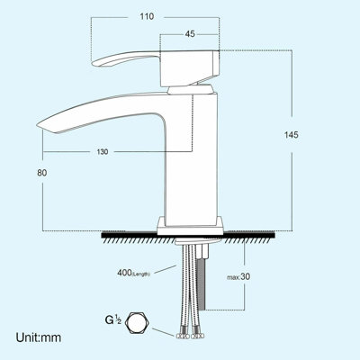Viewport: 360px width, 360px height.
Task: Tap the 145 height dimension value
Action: [289, 134]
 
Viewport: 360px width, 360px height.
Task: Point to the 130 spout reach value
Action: [103, 152]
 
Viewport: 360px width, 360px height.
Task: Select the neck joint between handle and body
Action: [192, 88]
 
